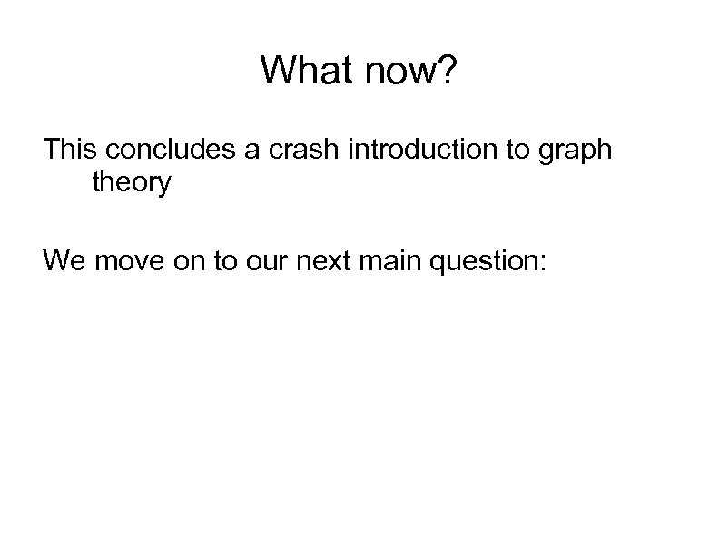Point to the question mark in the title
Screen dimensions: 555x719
449,70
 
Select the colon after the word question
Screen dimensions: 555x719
542,265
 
